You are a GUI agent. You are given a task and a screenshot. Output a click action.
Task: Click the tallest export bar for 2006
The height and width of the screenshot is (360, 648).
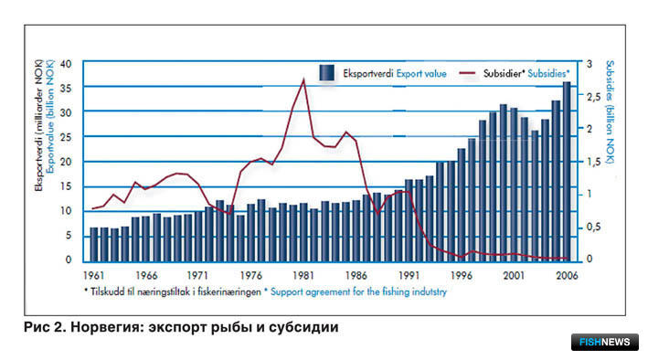pyautogui.click(x=567, y=172)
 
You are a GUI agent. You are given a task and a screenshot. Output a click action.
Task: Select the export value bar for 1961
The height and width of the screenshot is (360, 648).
pyautogui.click(x=94, y=245)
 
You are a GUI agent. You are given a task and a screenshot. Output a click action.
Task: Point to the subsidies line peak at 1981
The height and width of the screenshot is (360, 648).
pyautogui.click(x=303, y=79)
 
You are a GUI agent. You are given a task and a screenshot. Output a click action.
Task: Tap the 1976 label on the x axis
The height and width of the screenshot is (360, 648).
pyautogui.click(x=250, y=275)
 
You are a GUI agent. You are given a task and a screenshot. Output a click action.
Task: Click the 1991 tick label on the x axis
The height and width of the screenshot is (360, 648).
pyautogui.click(x=409, y=275)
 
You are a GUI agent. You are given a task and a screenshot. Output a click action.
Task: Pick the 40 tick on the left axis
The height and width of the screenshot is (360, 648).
pyautogui.click(x=66, y=64)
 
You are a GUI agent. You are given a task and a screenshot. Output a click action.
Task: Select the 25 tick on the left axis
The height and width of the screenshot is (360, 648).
pyautogui.click(x=66, y=137)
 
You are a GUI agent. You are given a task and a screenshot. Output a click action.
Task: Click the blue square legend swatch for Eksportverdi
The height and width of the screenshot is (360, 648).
pyautogui.click(x=326, y=73)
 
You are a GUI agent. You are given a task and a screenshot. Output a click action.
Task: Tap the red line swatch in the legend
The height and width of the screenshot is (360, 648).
pyautogui.click(x=467, y=74)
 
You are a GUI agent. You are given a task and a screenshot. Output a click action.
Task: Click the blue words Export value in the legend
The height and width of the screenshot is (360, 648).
pyautogui.click(x=421, y=74)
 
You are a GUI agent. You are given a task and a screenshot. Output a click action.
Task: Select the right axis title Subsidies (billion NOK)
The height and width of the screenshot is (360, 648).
pyautogui.click(x=610, y=111)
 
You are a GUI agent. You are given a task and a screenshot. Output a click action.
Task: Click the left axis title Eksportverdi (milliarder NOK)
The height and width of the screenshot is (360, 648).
pyautogui.click(x=39, y=126)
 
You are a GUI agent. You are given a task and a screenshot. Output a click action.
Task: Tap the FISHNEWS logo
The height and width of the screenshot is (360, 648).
pyautogui.click(x=605, y=342)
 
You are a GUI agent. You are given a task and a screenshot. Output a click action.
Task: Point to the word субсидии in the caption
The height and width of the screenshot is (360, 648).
pyautogui.click(x=303, y=327)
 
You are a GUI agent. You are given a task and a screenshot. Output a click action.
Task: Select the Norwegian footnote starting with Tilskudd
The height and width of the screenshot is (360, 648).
pyautogui.click(x=173, y=291)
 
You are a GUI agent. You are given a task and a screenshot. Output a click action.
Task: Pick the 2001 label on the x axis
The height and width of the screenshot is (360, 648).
pyautogui.click(x=514, y=275)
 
